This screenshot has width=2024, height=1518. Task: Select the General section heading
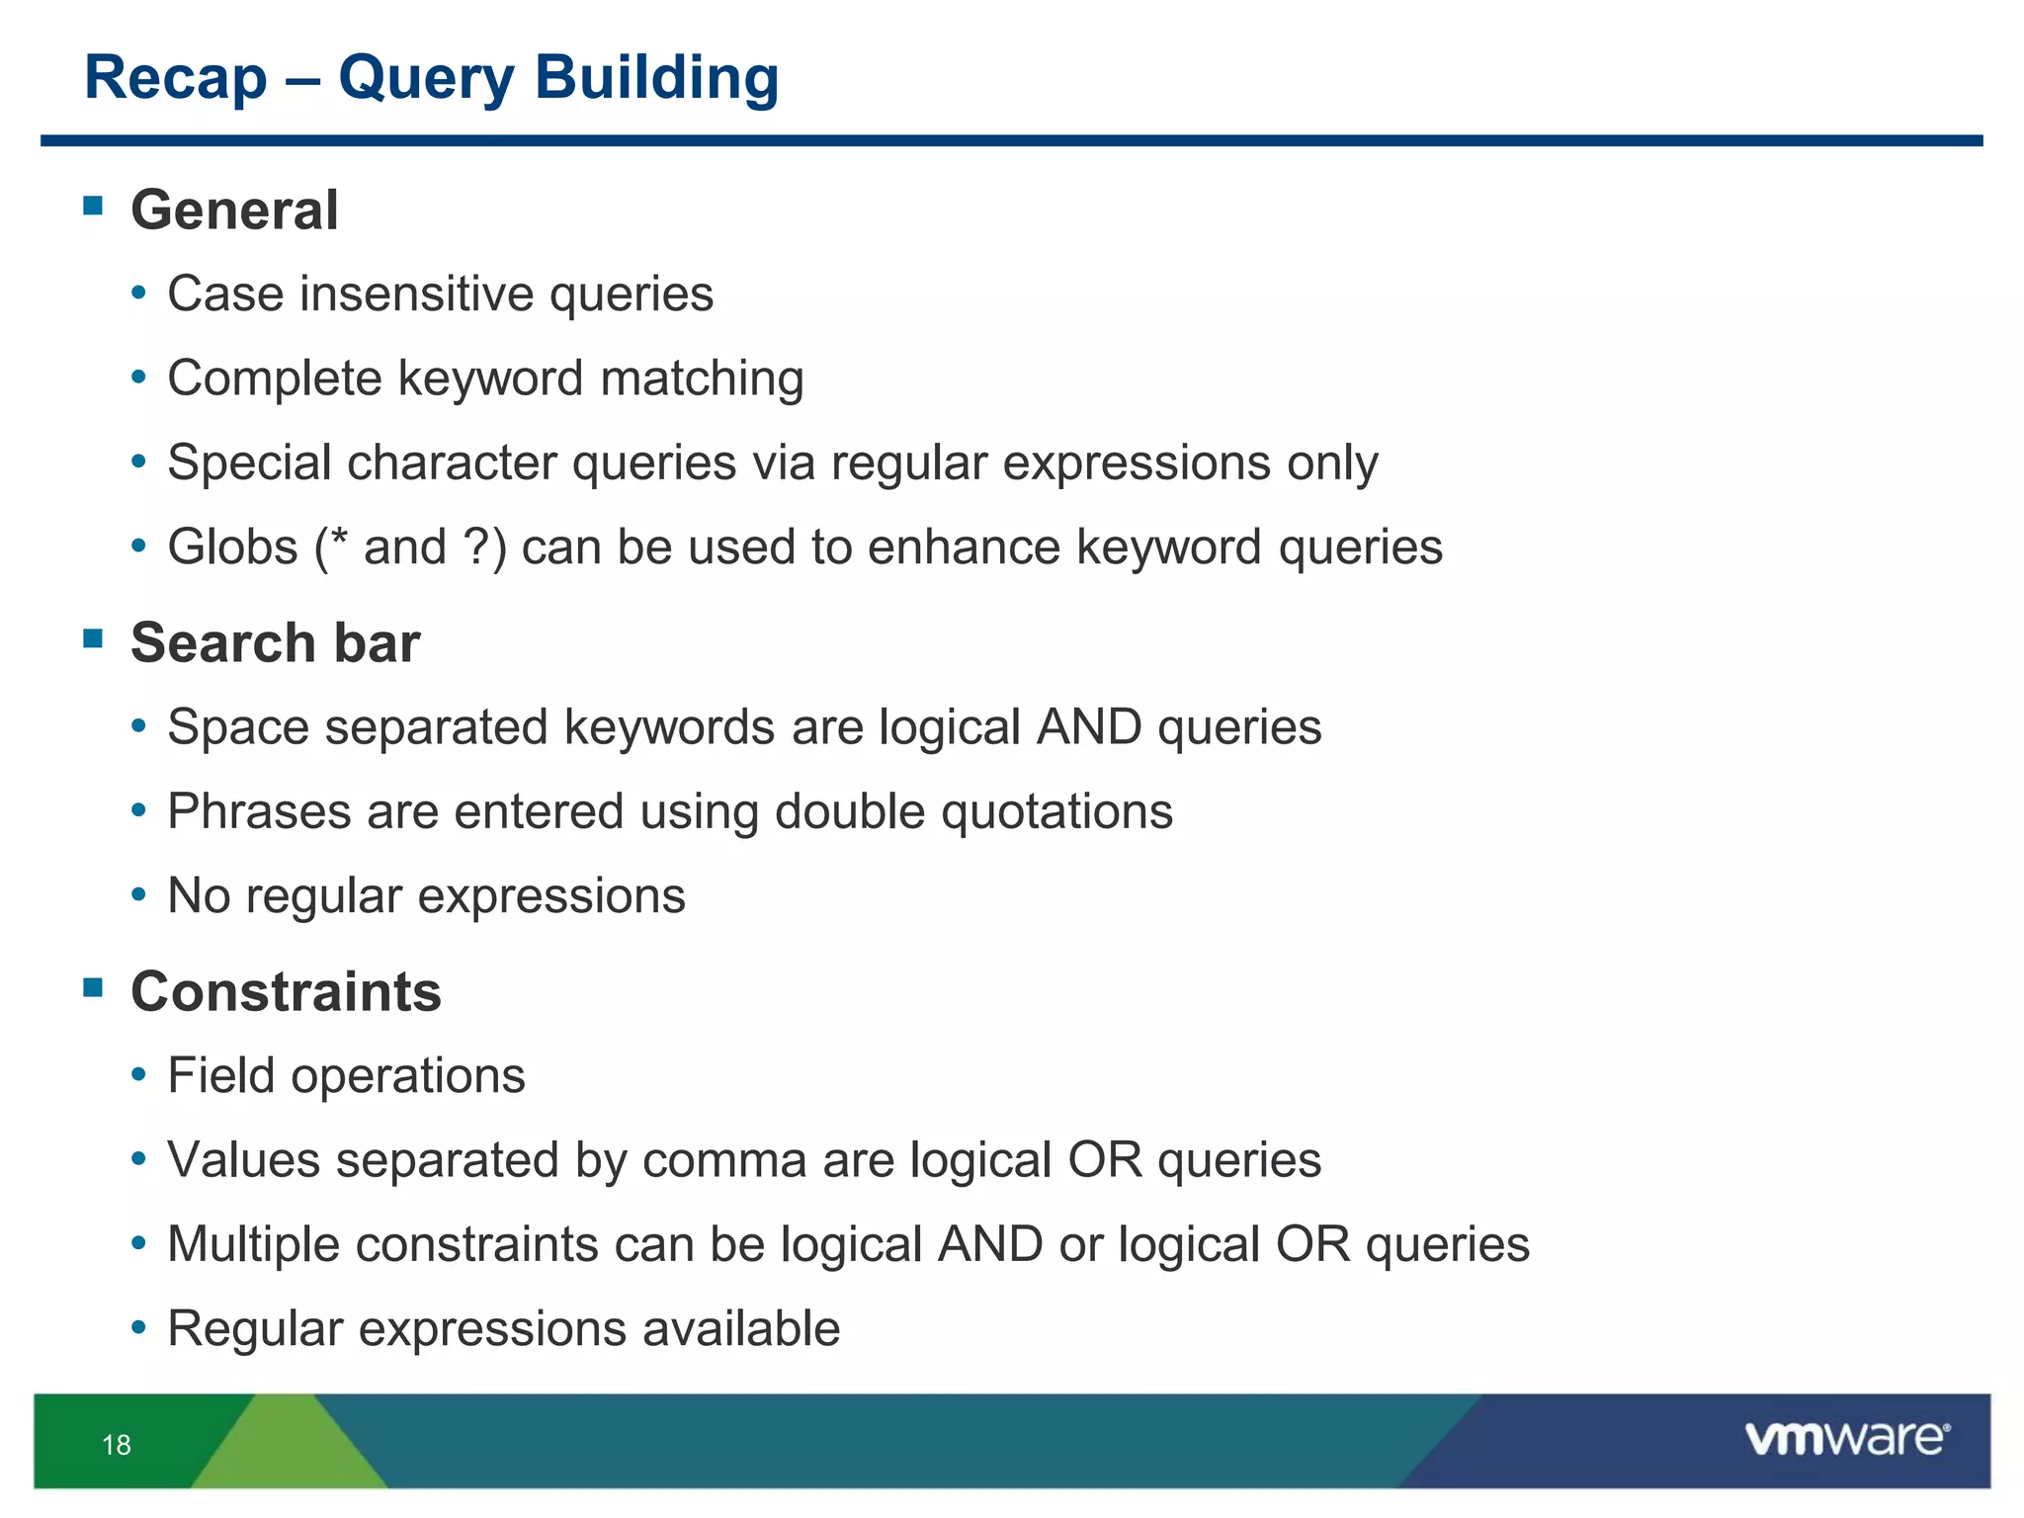234,211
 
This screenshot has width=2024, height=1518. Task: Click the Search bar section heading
275,642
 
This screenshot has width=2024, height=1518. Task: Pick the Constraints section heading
286,991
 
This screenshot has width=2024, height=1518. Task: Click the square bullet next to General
94,206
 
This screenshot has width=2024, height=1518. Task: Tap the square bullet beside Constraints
94,987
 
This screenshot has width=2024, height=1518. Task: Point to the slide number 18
117,1445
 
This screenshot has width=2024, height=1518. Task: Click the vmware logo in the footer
1846,1438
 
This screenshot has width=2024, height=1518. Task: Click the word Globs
232,547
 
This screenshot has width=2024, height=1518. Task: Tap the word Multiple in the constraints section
253,1244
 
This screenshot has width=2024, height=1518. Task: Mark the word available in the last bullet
740,1328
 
